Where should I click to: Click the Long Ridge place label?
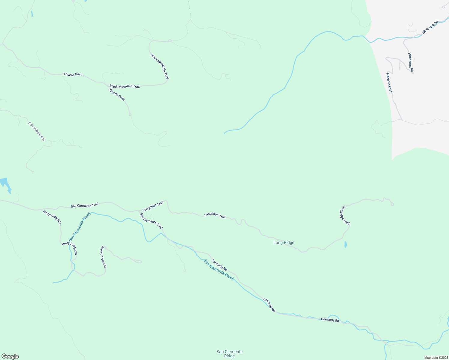[284, 242]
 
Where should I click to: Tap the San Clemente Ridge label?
[230, 354]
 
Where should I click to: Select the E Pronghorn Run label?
[36, 131]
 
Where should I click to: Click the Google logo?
[10, 356]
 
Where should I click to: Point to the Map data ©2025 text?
[436, 358]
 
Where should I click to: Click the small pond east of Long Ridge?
[345, 244]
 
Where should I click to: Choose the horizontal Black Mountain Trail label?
[125, 86]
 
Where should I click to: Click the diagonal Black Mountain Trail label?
[160, 66]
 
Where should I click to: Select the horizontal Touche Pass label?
[73, 74]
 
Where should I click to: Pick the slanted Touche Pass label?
[117, 94]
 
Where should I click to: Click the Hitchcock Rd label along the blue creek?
[430, 27]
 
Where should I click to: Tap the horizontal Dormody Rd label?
[330, 320]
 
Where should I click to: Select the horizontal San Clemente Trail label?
[84, 205]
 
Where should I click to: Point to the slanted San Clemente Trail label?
[151, 220]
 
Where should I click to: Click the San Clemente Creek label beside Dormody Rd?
[219, 270]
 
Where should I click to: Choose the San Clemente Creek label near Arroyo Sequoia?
[80, 226]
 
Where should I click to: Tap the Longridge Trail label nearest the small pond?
[345, 215]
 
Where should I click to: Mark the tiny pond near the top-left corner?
[32, 13]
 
